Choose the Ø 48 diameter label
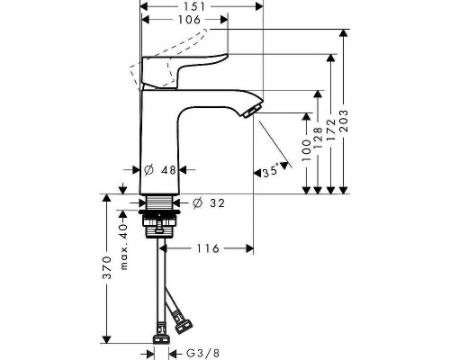(x=160, y=169)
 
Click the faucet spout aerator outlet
(x=250, y=110)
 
